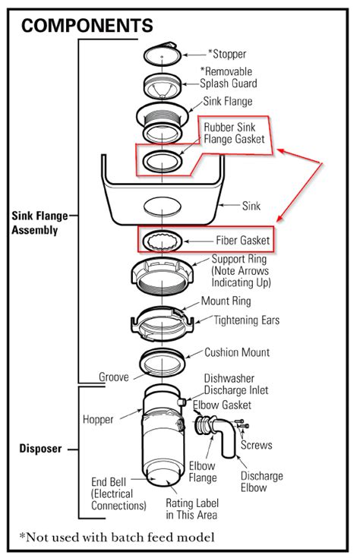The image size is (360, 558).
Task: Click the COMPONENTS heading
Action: coord(87,26)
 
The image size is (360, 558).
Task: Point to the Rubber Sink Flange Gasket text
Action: coord(233,134)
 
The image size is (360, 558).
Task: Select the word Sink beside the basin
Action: coord(251,205)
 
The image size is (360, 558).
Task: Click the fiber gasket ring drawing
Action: coord(163,241)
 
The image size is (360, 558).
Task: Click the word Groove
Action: coord(114,377)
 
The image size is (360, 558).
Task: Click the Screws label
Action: coord(257,445)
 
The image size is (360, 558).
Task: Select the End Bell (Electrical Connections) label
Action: coord(118,493)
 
